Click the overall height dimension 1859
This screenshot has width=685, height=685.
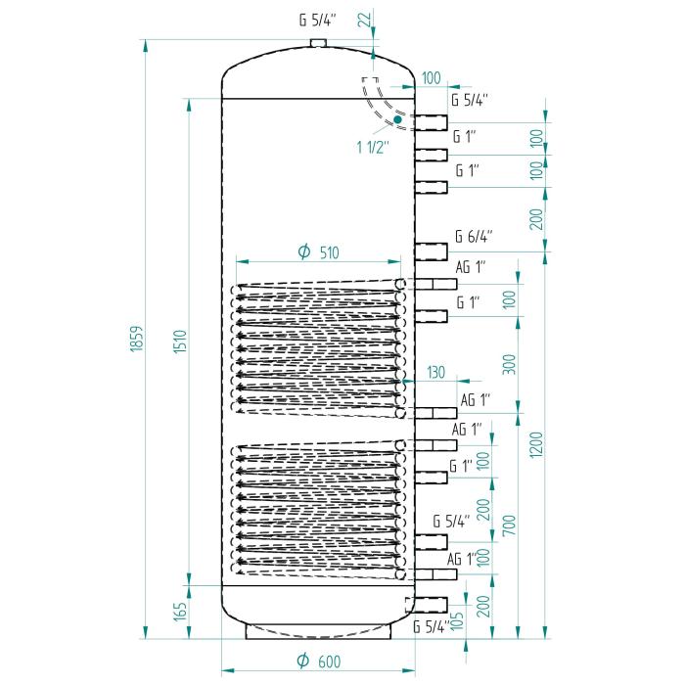(x=137, y=341)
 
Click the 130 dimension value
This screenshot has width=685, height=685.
(x=436, y=371)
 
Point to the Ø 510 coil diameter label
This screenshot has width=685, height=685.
(x=318, y=252)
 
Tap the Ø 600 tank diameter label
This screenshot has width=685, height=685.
(x=318, y=662)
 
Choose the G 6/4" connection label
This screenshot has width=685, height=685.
(x=474, y=236)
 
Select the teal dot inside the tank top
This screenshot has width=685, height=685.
(x=397, y=119)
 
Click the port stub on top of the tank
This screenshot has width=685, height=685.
(x=317, y=42)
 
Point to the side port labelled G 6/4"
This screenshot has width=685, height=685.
(x=431, y=249)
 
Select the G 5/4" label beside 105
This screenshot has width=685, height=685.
(x=432, y=627)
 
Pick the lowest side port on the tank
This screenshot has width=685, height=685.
(x=431, y=603)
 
